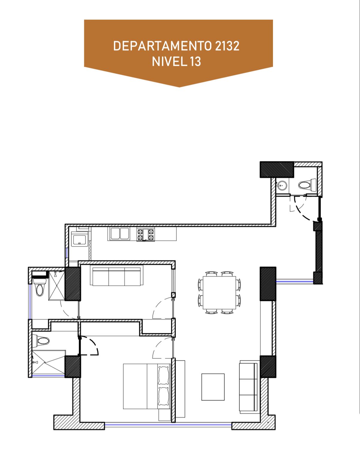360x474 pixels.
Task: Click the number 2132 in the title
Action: point(227,46)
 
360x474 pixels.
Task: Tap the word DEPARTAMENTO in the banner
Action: point(162,46)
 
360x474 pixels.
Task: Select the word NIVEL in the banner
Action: point(169,61)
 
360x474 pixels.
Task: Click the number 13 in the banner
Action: point(196,61)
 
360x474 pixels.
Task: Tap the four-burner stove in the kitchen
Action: point(145,235)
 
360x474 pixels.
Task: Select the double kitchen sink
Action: point(120,233)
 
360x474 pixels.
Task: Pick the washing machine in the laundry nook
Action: point(79,239)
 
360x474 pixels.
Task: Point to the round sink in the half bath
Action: point(282,185)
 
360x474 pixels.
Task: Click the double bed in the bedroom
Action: point(147,386)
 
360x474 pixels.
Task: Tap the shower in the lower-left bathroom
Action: point(49,363)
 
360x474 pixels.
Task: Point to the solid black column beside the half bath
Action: point(277,169)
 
